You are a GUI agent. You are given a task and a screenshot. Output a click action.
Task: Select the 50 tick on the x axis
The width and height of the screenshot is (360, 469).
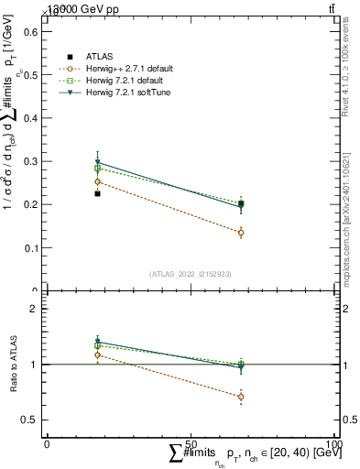tap(191, 443)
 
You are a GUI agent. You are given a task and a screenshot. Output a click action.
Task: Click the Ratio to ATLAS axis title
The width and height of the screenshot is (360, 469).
tap(14, 365)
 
